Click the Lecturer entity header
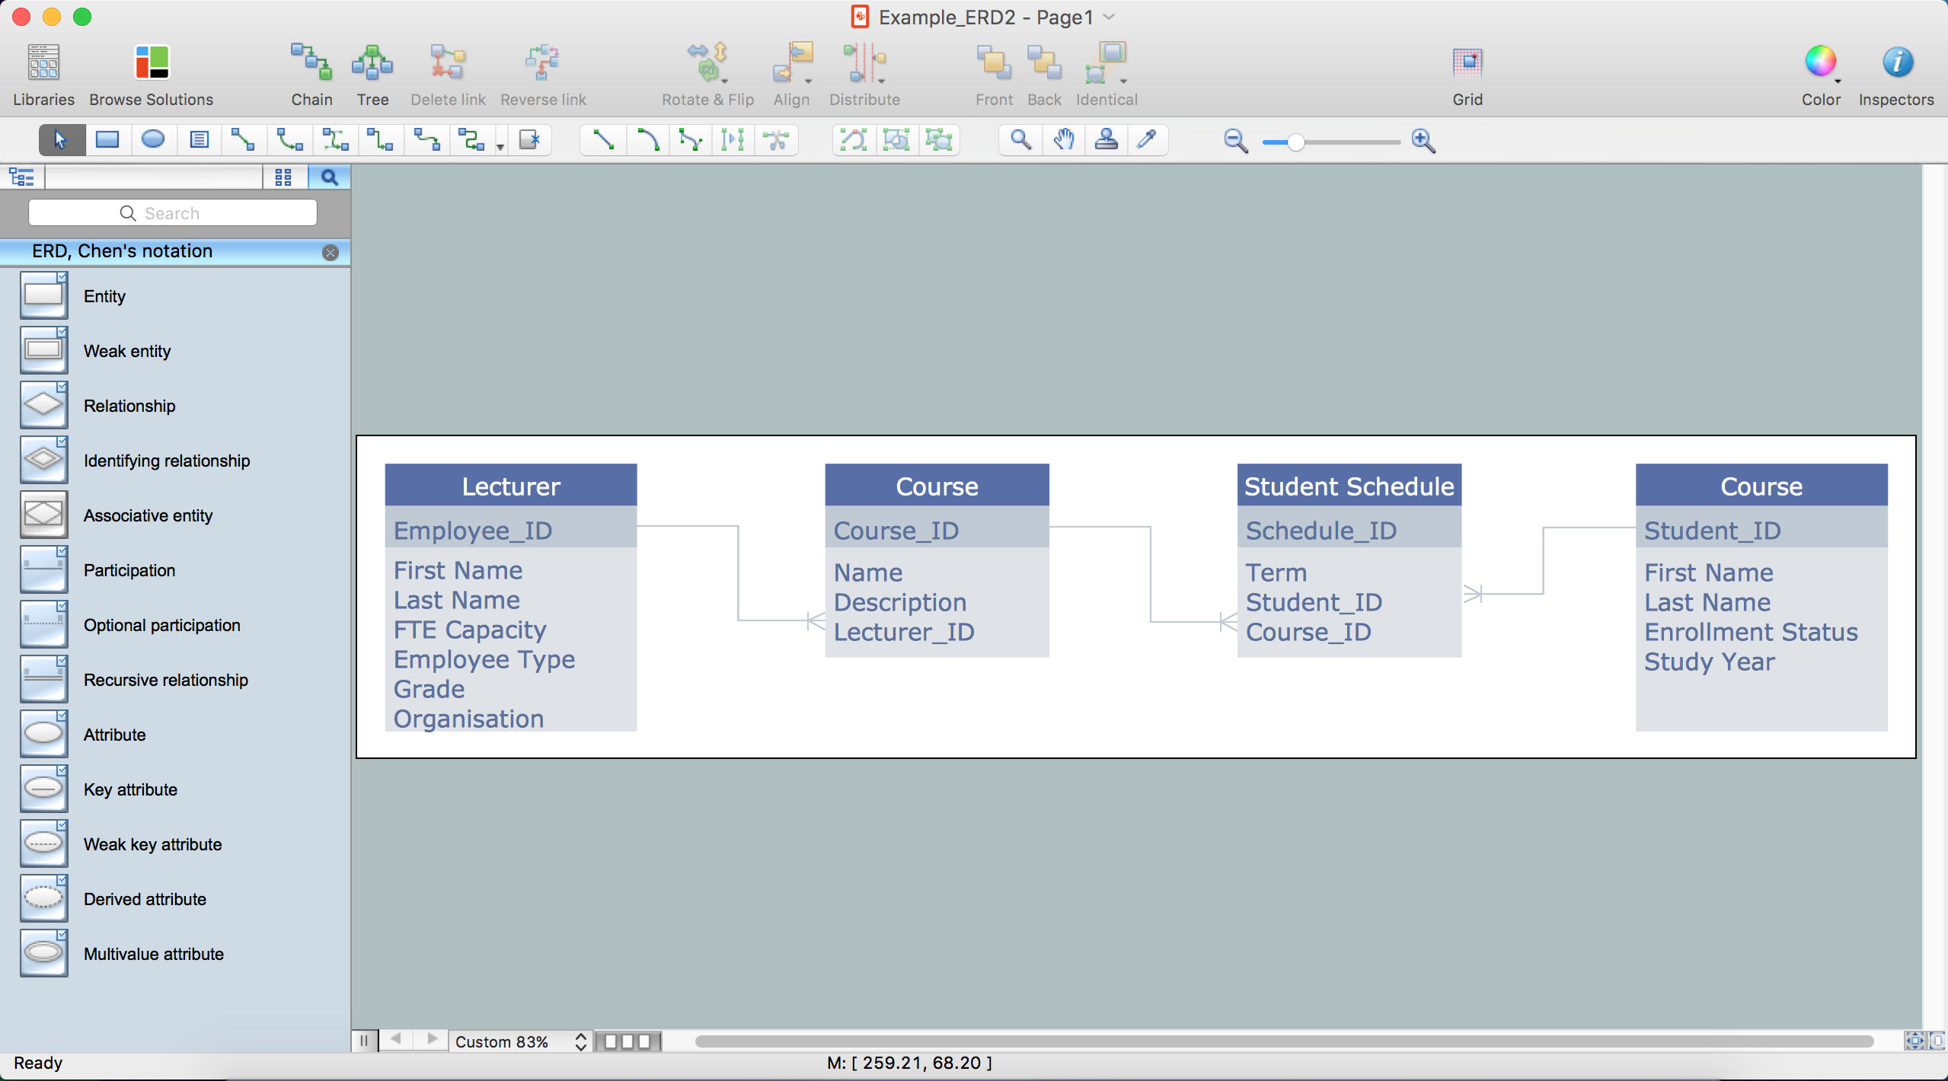pos(511,486)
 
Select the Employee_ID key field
pos(473,531)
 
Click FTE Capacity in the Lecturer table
pos(470,630)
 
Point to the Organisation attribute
pos(468,719)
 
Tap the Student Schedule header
pos(1349,486)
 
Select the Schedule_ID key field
pos(1321,531)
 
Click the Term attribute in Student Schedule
pos(1276,572)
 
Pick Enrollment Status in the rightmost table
pos(1751,632)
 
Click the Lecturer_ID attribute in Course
pos(904,632)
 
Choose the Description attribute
pos(900,602)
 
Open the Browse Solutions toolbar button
pos(152,75)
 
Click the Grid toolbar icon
pos(1467,75)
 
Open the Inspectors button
pos(1896,75)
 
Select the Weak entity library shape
pos(43,351)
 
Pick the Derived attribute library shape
pos(43,899)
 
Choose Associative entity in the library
pos(43,515)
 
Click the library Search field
pos(173,213)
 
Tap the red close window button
pos(21,17)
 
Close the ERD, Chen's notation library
pos(331,253)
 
